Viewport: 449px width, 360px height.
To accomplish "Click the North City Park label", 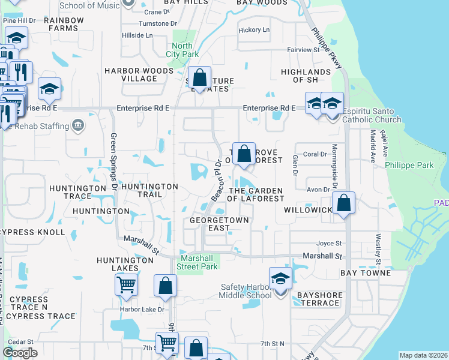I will pyautogui.click(x=182, y=50).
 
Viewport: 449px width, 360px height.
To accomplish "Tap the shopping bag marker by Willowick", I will pyautogui.click(x=344, y=203).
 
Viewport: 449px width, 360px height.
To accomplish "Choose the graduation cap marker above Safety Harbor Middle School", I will pyautogui.click(x=280, y=278).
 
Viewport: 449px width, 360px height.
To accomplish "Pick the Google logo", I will pyautogui.click(x=20, y=353).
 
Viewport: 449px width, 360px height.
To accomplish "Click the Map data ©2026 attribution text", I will pyautogui.click(x=424, y=355).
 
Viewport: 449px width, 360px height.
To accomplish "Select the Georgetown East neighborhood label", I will pyautogui.click(x=218, y=224).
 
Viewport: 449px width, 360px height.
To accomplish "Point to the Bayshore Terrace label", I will pyautogui.click(x=319, y=299).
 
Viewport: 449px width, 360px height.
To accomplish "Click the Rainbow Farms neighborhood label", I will pyautogui.click(x=64, y=24).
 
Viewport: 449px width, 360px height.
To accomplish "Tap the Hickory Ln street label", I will pyautogui.click(x=254, y=30).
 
